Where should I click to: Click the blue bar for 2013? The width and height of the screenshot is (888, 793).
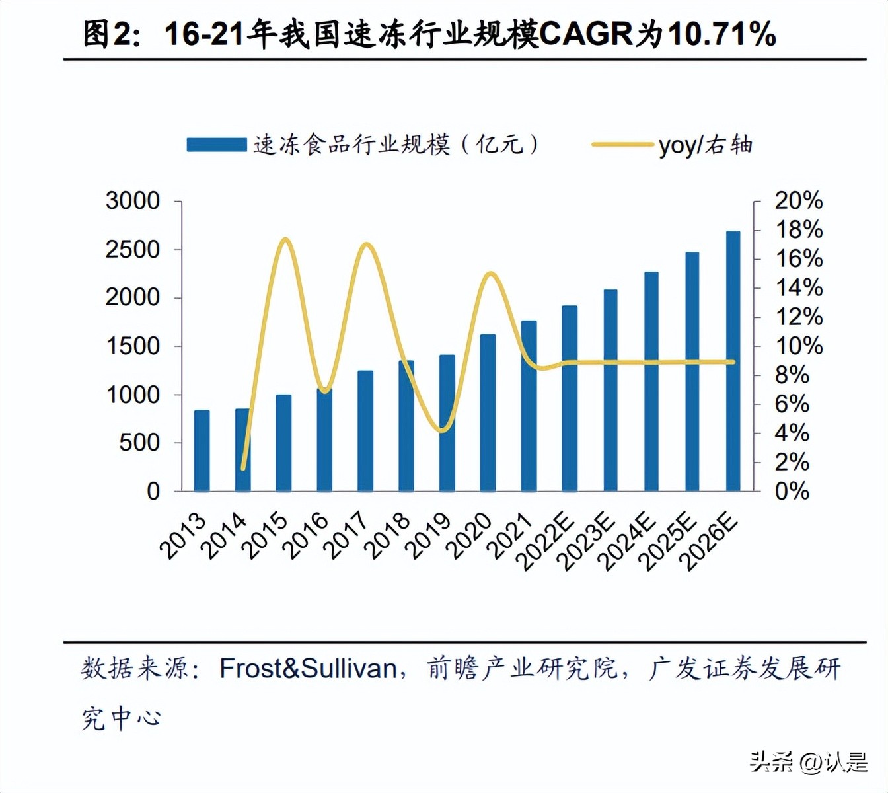point(202,451)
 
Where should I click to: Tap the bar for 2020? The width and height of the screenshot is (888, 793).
point(488,413)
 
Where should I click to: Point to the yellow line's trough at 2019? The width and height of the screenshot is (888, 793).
point(443,430)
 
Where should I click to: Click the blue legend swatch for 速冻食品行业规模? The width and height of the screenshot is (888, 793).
point(216,145)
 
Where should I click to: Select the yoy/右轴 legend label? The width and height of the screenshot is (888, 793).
point(705,145)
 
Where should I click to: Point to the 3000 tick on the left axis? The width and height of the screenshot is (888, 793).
point(133,201)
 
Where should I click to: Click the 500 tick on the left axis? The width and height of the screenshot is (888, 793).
point(139,443)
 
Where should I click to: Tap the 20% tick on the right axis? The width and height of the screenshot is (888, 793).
point(798,201)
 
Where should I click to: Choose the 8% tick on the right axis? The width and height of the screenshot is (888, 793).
point(792,375)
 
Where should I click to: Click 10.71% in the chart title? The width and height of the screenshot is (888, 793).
point(721,34)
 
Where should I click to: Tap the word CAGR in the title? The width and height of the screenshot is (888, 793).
point(586,34)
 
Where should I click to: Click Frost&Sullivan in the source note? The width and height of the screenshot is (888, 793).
point(308,668)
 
